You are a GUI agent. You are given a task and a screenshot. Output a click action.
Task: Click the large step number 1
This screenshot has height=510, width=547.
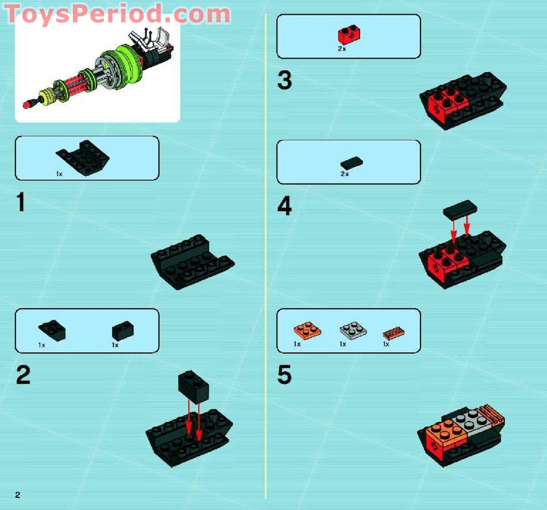(21, 202)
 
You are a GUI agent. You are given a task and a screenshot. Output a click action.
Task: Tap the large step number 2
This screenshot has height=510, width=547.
(23, 376)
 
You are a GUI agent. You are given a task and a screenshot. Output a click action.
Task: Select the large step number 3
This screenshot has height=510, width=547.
(284, 80)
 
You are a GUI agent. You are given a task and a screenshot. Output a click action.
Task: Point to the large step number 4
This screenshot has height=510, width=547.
(284, 206)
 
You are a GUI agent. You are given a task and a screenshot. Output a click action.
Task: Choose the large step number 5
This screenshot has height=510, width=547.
(284, 376)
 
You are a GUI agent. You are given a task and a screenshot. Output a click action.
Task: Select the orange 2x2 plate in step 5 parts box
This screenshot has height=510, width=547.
(307, 331)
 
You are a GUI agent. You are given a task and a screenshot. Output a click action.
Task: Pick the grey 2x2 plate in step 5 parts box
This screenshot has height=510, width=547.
(353, 330)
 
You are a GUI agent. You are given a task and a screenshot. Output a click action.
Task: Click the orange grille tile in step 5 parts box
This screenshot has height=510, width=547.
(394, 332)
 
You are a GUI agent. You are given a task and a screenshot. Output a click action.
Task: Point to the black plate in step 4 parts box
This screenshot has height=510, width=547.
(352, 164)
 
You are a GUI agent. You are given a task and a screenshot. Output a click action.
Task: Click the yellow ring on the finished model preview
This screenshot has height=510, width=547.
(44, 93)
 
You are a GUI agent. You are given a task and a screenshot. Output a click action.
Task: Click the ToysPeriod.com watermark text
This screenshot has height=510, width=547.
(117, 14)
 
